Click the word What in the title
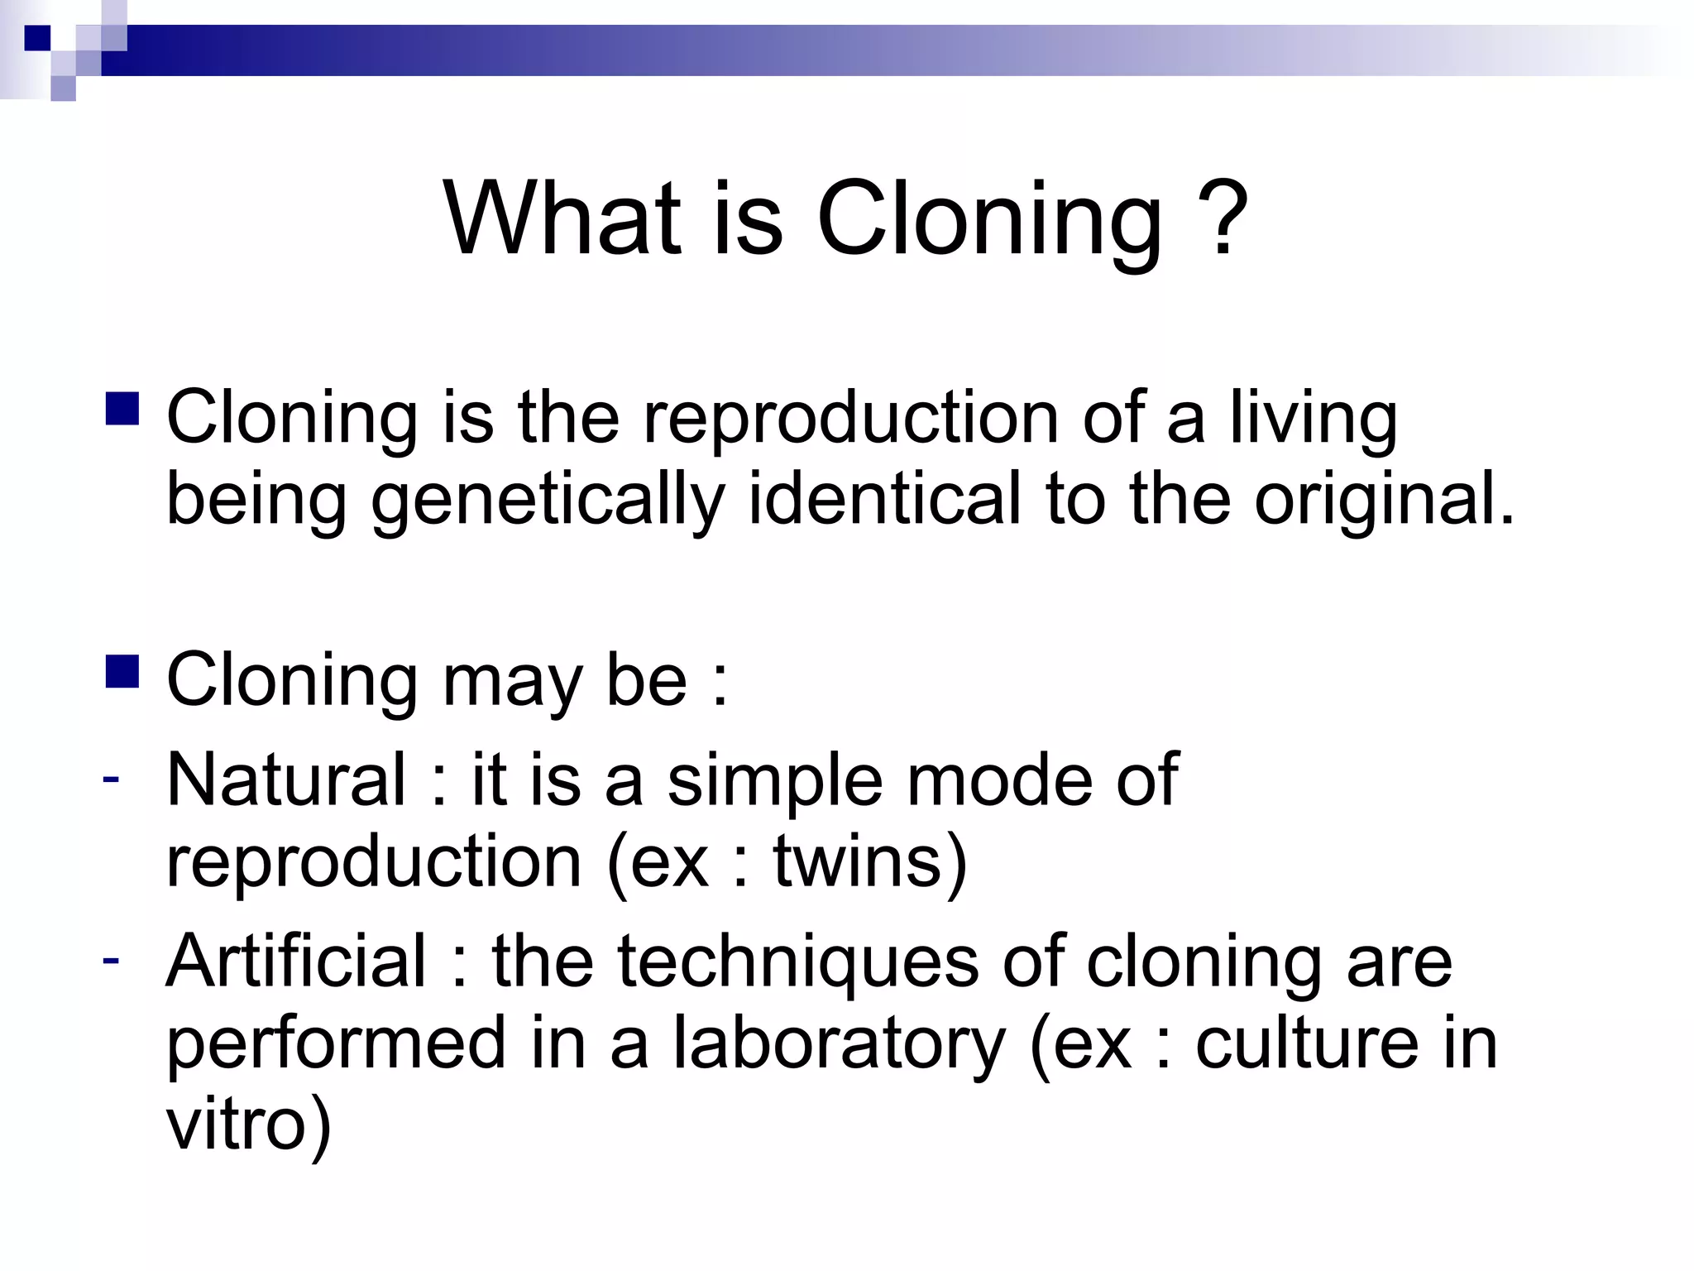562,219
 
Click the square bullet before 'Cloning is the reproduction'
122,409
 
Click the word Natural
286,779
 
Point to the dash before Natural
111,779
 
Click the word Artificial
296,961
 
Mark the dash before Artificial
111,960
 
